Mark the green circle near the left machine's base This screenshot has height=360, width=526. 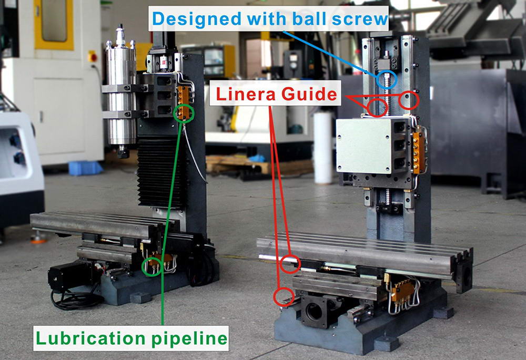click(x=152, y=266)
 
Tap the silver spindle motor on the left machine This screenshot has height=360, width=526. click(x=119, y=97)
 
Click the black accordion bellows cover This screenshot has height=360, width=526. click(x=160, y=171)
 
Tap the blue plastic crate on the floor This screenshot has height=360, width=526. click(x=85, y=168)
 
